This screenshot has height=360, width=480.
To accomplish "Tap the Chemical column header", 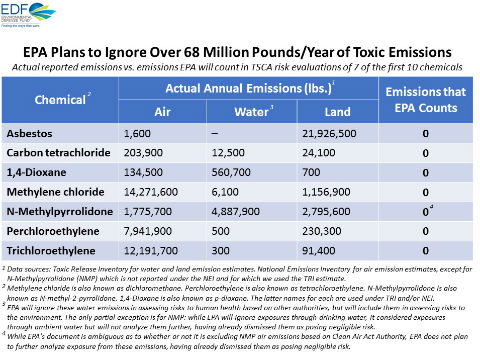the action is point(61,103).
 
